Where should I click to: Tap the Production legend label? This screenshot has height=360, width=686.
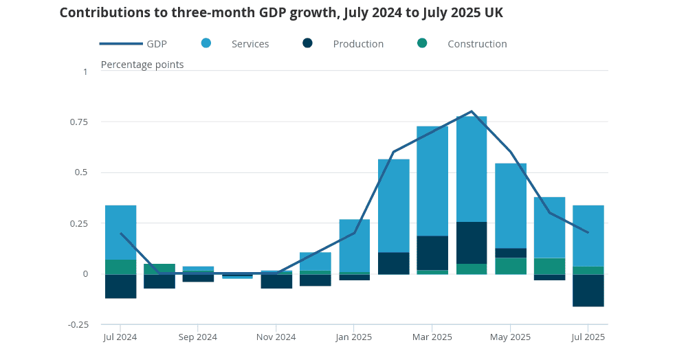coord(358,44)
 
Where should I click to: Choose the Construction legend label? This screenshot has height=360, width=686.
coord(477,44)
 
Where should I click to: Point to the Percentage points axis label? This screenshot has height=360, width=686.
coord(142,65)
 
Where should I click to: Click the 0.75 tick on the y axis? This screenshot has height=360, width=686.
coord(80,122)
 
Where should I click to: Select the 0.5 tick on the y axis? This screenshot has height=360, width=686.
coord(84,172)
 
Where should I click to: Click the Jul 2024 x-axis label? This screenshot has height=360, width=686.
coord(120,337)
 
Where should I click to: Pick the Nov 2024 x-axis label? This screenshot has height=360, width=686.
coord(276,337)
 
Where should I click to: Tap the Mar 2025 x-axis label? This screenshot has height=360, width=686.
coord(432,337)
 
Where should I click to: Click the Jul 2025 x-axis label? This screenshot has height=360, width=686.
coord(588,337)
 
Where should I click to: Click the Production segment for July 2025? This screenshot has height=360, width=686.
coord(588,290)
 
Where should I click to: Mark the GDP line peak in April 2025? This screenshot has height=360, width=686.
coord(472,111)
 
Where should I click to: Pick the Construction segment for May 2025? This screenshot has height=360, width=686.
coord(511,266)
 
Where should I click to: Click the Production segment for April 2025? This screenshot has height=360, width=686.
coord(472,243)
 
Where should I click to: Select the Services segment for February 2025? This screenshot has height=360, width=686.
coord(394,205)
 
